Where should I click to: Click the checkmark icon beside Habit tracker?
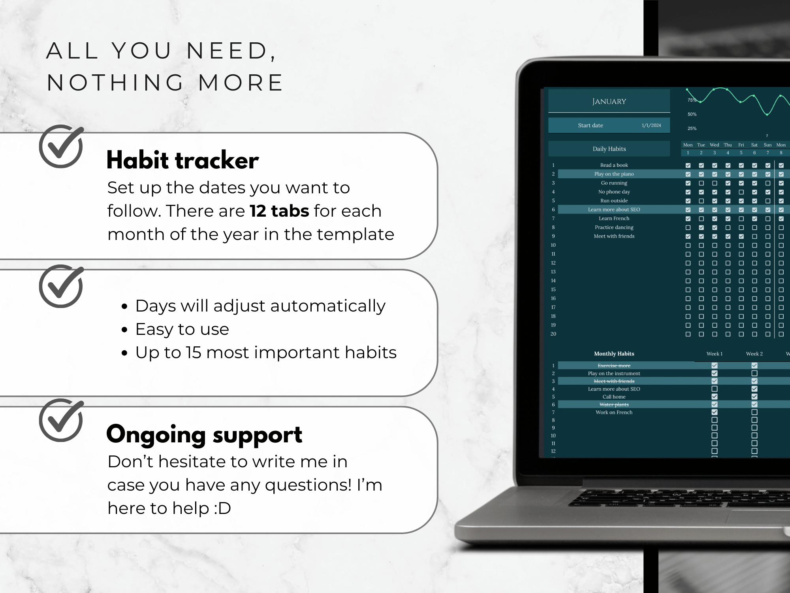[61, 146]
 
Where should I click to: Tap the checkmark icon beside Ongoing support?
[61, 420]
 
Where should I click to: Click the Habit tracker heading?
[182, 161]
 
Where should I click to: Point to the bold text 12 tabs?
[279, 211]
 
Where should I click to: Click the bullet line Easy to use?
[182, 329]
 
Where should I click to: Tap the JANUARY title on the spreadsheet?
[609, 102]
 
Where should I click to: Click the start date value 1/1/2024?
[651, 125]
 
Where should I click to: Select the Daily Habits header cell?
[609, 149]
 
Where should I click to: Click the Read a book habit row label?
[614, 165]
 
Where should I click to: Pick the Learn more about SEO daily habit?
[614, 210]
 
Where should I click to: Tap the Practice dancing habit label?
[614, 227]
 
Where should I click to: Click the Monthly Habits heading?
[614, 354]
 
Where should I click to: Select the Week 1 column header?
[715, 354]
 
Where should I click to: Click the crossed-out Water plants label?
[614, 404]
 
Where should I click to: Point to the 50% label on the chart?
[692, 114]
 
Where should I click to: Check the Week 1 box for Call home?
[715, 397]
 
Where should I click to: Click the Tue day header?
[701, 145]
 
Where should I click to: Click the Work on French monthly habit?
[614, 412]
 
